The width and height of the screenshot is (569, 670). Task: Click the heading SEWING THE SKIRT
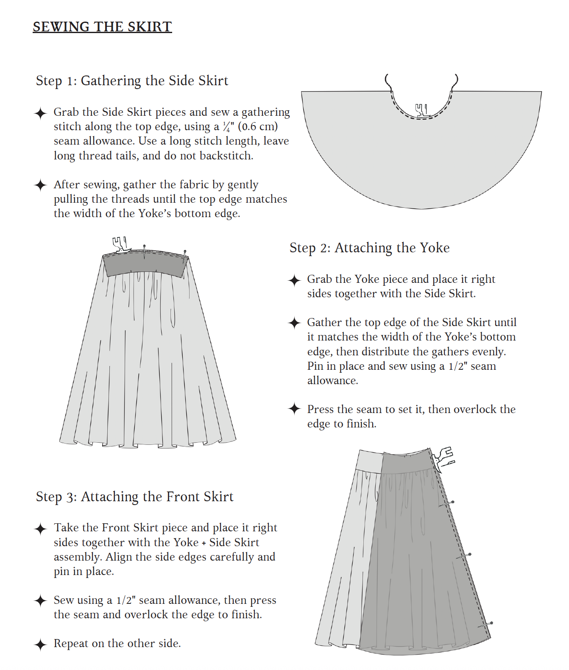click(102, 27)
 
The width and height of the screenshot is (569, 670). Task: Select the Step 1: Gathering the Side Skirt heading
click(132, 81)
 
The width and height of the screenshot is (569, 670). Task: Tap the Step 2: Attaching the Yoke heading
click(369, 248)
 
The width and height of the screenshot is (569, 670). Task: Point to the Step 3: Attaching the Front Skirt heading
click(134, 497)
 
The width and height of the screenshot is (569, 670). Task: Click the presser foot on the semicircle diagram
click(421, 110)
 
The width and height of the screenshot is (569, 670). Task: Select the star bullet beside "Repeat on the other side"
click(40, 644)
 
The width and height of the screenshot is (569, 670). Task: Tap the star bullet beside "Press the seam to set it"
click(294, 409)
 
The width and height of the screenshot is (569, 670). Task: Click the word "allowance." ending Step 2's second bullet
click(332, 381)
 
